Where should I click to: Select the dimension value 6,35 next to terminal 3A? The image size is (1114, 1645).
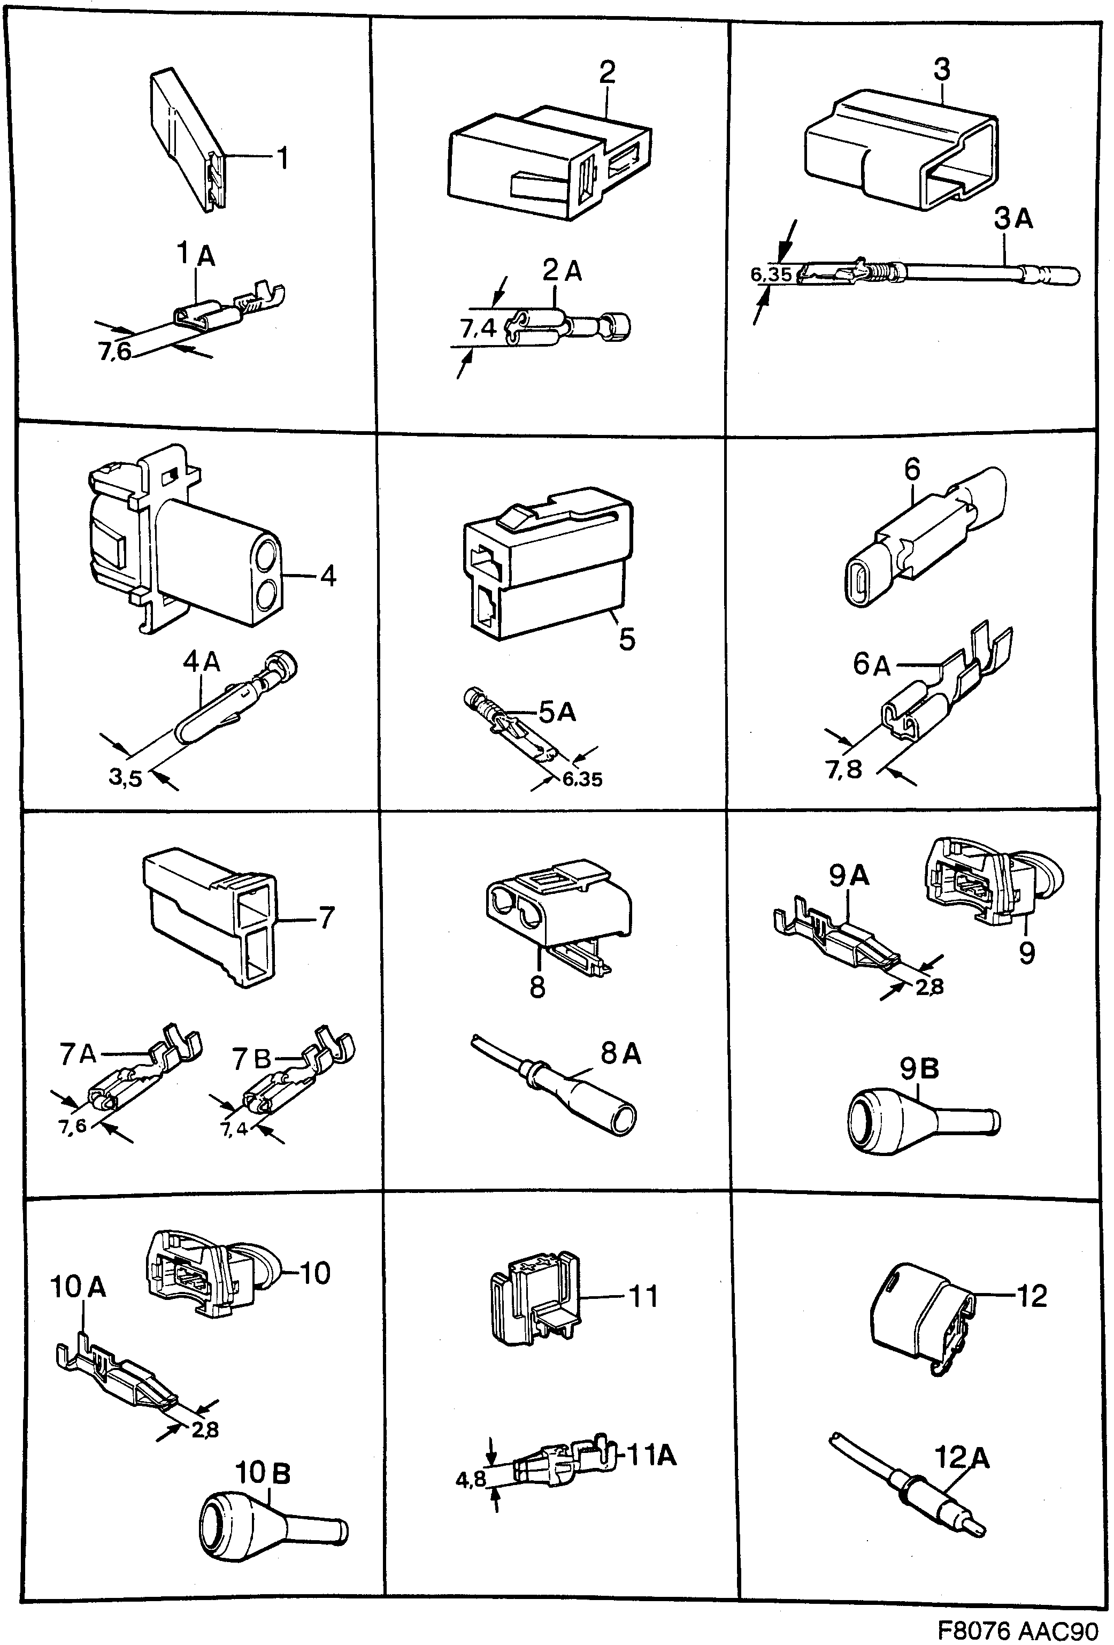[x=771, y=274]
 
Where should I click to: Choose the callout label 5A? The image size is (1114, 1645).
[x=557, y=711]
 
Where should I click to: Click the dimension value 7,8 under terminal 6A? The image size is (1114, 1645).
[x=843, y=769]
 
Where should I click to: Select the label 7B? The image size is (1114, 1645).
[x=252, y=1059]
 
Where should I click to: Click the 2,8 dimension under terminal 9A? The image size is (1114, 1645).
[x=929, y=986]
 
